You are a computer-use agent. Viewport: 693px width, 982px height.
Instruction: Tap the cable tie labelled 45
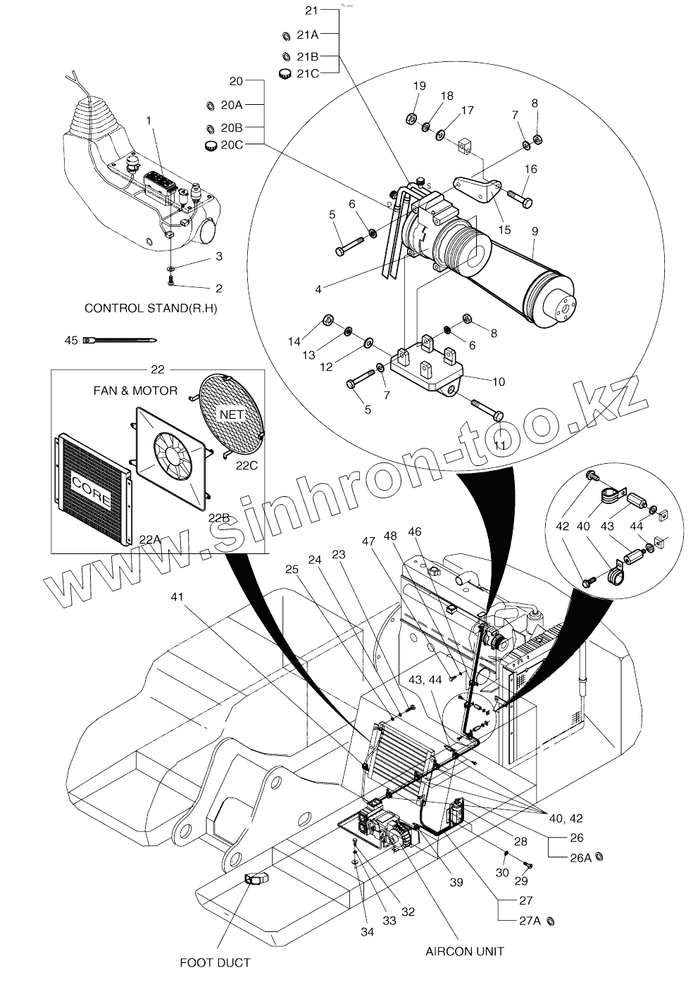[120, 341]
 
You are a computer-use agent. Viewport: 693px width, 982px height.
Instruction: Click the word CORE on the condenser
[91, 491]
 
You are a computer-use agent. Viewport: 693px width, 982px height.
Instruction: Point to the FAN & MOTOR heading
[135, 390]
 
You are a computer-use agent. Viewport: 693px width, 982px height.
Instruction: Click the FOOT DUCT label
[216, 962]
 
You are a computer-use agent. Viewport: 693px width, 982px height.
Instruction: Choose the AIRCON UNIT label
[465, 951]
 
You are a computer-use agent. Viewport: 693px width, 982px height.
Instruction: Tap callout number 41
[178, 597]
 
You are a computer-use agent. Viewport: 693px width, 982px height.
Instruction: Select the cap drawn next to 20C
[210, 146]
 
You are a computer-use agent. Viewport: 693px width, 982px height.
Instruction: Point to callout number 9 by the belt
[535, 230]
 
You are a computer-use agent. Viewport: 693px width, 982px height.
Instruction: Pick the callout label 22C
[246, 465]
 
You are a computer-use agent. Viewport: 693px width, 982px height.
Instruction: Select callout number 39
[456, 882]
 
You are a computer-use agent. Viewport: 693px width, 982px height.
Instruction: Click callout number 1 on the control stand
[149, 120]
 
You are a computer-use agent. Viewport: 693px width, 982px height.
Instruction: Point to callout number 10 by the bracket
[498, 382]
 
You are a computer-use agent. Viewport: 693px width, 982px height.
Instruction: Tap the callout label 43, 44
[425, 680]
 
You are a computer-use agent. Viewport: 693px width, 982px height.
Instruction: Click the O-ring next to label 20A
[209, 106]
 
